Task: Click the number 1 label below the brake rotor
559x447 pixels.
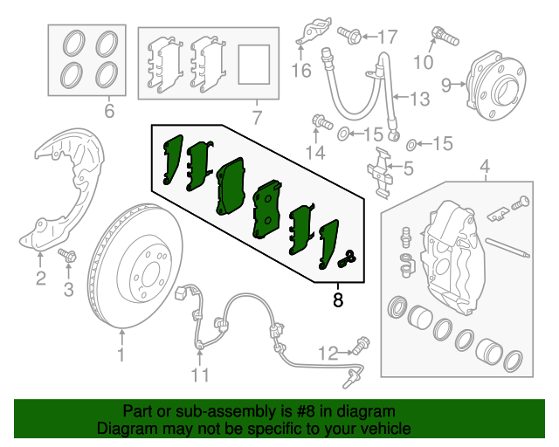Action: click(121, 354)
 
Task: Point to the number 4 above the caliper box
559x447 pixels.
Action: click(485, 166)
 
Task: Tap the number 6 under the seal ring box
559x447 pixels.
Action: click(108, 112)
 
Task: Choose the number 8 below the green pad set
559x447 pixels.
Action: click(338, 301)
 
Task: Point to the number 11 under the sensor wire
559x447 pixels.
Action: click(201, 376)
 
